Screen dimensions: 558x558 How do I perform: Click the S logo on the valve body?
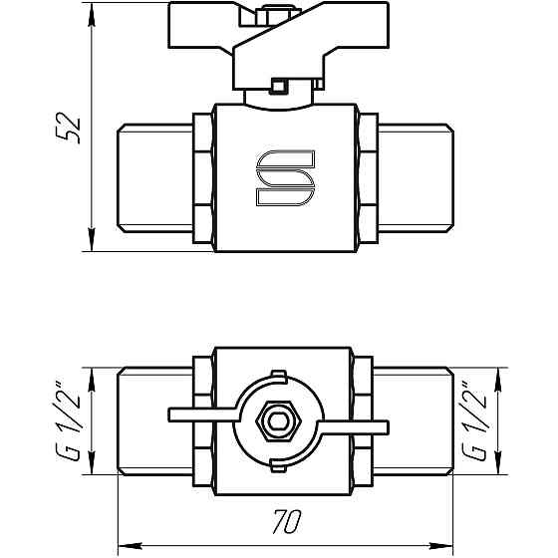coord(285,180)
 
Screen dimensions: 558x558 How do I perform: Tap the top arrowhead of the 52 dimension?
coord(93,14)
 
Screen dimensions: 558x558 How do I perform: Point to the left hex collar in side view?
coord(205,180)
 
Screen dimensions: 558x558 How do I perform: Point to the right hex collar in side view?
coord(366,180)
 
